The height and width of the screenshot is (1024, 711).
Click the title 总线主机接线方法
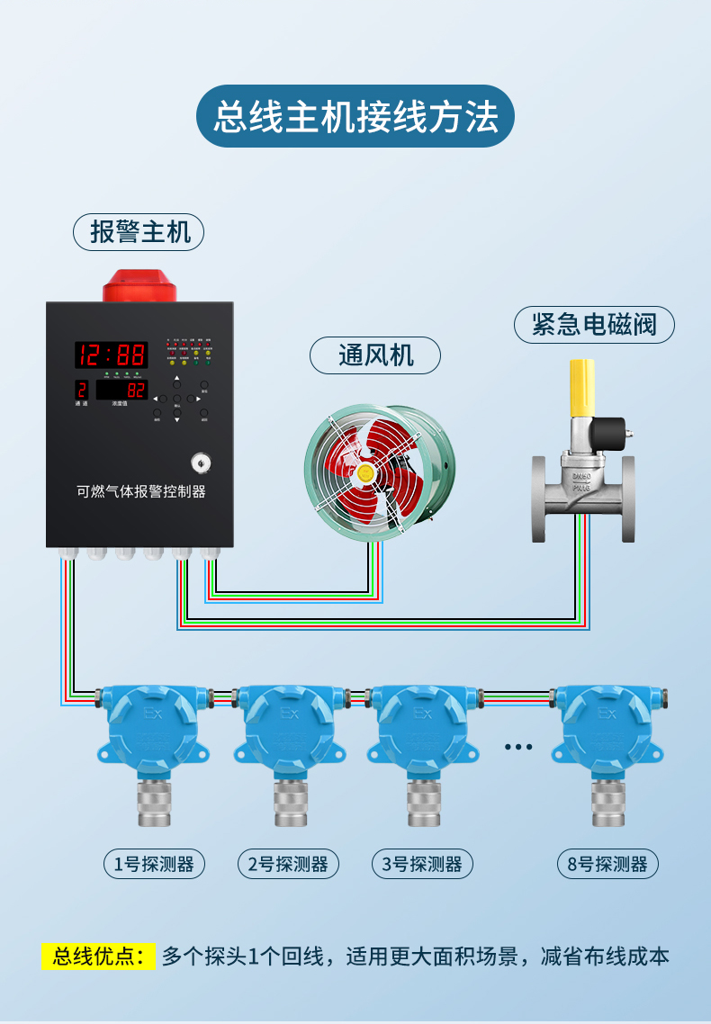[355, 117]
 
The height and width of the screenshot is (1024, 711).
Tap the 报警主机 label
[139, 232]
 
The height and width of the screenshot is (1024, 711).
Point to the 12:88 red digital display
[111, 354]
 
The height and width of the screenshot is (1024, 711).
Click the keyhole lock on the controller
[199, 463]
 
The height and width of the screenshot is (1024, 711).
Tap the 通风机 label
[375, 355]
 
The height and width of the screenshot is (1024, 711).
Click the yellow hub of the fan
[365, 471]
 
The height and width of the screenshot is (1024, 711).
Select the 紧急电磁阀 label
[594, 324]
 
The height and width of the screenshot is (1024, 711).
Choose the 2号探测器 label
[288, 865]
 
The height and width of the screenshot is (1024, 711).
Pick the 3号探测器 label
[422, 865]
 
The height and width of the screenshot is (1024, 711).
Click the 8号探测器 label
[607, 865]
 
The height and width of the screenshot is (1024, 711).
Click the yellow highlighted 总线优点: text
[99, 956]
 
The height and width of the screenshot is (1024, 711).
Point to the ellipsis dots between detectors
[518, 747]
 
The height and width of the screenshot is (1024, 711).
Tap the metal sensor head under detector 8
[608, 802]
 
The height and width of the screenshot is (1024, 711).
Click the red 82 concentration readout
[136, 391]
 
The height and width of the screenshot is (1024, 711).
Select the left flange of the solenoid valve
[538, 499]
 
